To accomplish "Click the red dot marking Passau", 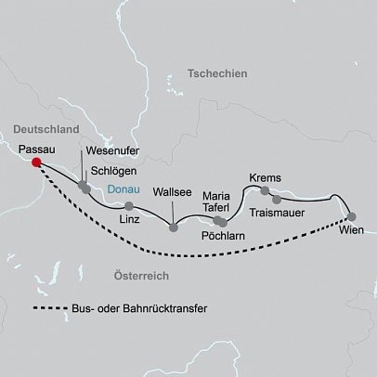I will [x=37, y=162].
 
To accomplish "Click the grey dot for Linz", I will [x=129, y=205].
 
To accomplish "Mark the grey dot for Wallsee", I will [x=173, y=227].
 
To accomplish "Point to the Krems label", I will [x=266, y=177].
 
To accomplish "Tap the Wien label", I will [x=352, y=229].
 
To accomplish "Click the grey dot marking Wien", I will [x=351, y=216].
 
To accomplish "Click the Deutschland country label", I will [x=47, y=128].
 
